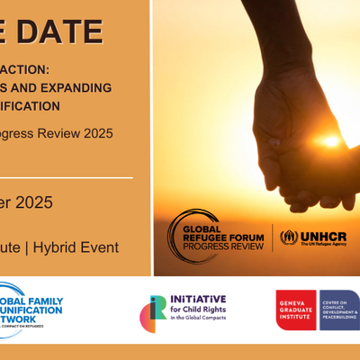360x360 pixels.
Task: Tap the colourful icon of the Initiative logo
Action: click(153, 313)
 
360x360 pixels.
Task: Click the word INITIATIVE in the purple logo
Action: click(197, 300)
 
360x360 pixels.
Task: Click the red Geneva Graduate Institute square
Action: click(296, 310)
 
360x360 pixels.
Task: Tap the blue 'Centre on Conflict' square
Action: click(339, 310)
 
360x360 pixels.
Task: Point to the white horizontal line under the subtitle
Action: click(67, 178)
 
